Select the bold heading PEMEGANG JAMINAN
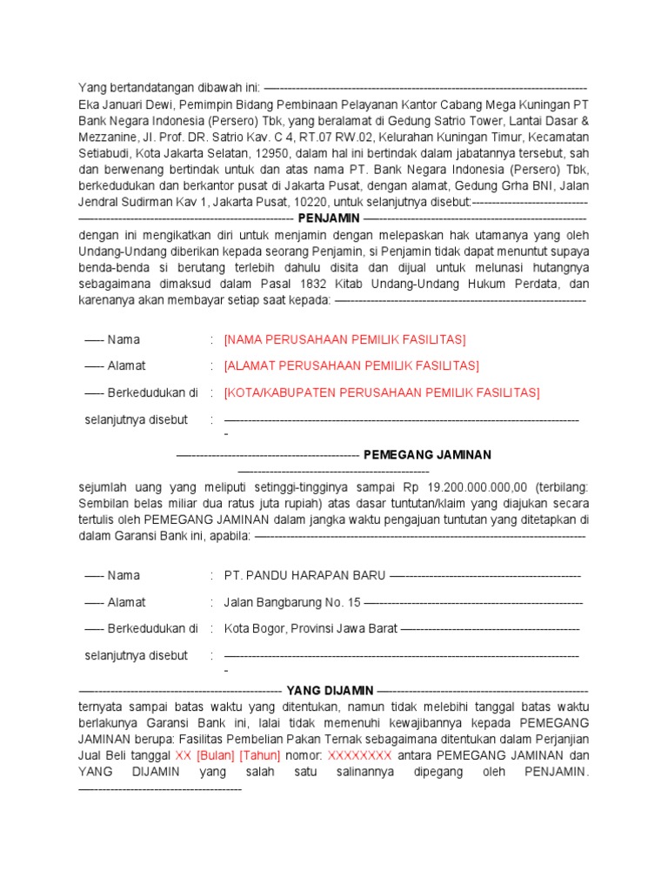point(427,454)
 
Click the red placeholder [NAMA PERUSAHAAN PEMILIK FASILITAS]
point(344,339)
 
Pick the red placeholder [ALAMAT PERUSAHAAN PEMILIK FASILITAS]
point(351,365)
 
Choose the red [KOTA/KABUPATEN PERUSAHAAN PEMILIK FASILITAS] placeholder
point(382,392)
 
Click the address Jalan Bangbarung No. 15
point(291,602)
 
